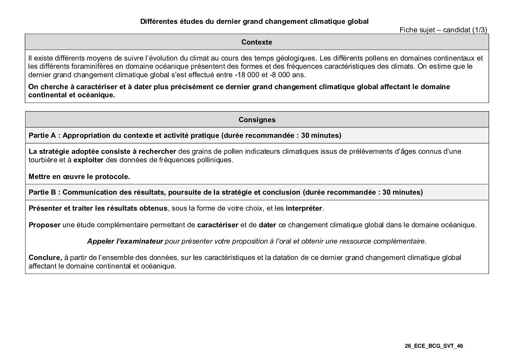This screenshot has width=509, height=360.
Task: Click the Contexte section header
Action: pyautogui.click(x=257, y=42)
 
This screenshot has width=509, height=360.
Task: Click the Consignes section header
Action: pyautogui.click(x=257, y=120)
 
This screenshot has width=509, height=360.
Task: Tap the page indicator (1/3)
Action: pyautogui.click(x=479, y=30)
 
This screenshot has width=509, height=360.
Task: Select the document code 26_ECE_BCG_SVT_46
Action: pyautogui.click(x=434, y=346)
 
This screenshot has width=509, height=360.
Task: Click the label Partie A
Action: pyautogui.click(x=42, y=135)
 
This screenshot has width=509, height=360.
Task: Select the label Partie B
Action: pyautogui.click(x=42, y=192)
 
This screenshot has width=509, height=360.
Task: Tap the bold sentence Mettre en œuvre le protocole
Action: pyautogui.click(x=79, y=177)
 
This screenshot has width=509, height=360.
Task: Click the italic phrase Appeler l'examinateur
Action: pyautogui.click(x=125, y=241)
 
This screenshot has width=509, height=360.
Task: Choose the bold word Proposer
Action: pyautogui.click(x=45, y=225)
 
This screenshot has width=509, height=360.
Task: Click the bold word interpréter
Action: pyautogui.click(x=304, y=208)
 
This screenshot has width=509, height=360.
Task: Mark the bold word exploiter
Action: pyautogui.click(x=88, y=160)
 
